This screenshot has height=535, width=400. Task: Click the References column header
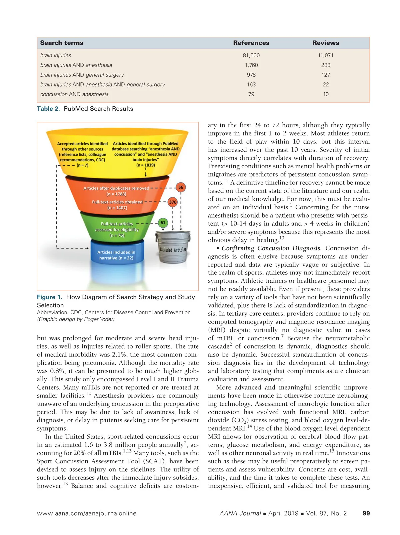[x=251, y=43]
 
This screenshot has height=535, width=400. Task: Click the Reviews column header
[x=326, y=43]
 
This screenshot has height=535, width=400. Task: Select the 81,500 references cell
[x=251, y=55]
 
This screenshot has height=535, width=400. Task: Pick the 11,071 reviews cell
[x=326, y=55]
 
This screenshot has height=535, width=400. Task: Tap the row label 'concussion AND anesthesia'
[x=74, y=94]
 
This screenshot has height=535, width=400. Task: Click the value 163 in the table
[x=251, y=85]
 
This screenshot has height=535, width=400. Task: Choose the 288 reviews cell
[x=326, y=65]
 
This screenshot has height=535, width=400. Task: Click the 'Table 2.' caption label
[x=48, y=109]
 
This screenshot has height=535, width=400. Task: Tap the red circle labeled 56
[x=181, y=187]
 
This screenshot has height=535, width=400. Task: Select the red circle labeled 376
[x=173, y=202]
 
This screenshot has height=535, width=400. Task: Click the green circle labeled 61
[x=163, y=223]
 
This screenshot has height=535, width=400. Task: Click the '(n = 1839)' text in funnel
[x=146, y=165]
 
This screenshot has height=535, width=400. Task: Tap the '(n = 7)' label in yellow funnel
[x=82, y=165]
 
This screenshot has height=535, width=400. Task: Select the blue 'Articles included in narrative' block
[x=116, y=255]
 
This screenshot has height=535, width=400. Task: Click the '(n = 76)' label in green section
[x=117, y=235]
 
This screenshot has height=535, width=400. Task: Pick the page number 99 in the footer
[x=366, y=513]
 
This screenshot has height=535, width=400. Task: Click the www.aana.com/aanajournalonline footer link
[x=87, y=513]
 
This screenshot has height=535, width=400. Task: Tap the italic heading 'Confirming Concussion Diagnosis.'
[x=271, y=248]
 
